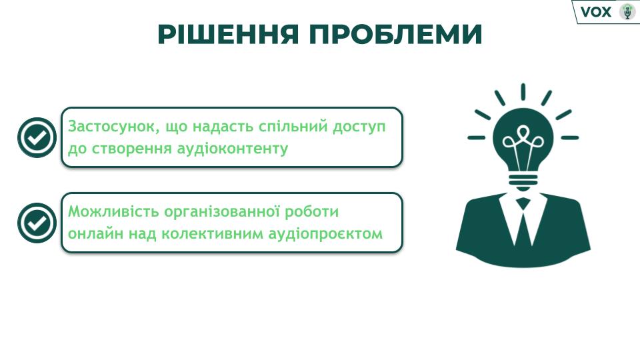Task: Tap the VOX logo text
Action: click(596, 12)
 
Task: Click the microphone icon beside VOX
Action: click(627, 11)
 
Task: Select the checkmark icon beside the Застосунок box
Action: click(37, 137)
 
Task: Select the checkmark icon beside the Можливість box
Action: click(37, 223)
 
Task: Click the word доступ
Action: click(359, 127)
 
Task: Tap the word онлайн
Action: click(95, 234)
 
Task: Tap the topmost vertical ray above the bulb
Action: click(523, 91)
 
